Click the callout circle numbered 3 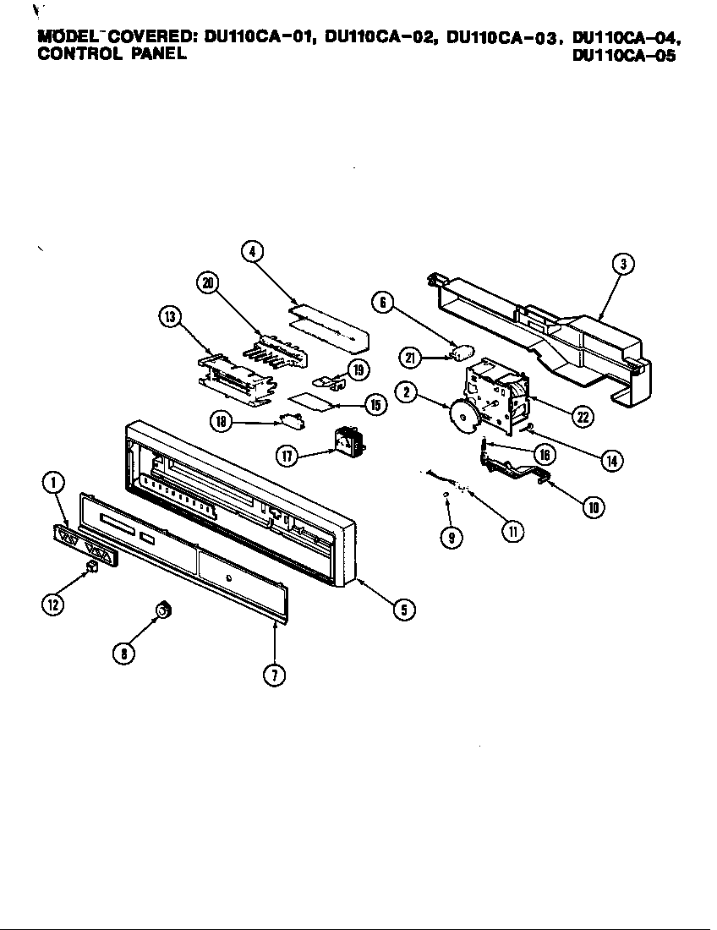click(622, 264)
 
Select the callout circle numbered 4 click(251, 250)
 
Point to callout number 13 click(170, 316)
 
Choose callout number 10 click(594, 507)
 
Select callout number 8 click(125, 653)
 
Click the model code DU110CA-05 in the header click(624, 57)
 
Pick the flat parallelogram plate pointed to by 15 click(309, 400)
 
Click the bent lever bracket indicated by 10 click(516, 470)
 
